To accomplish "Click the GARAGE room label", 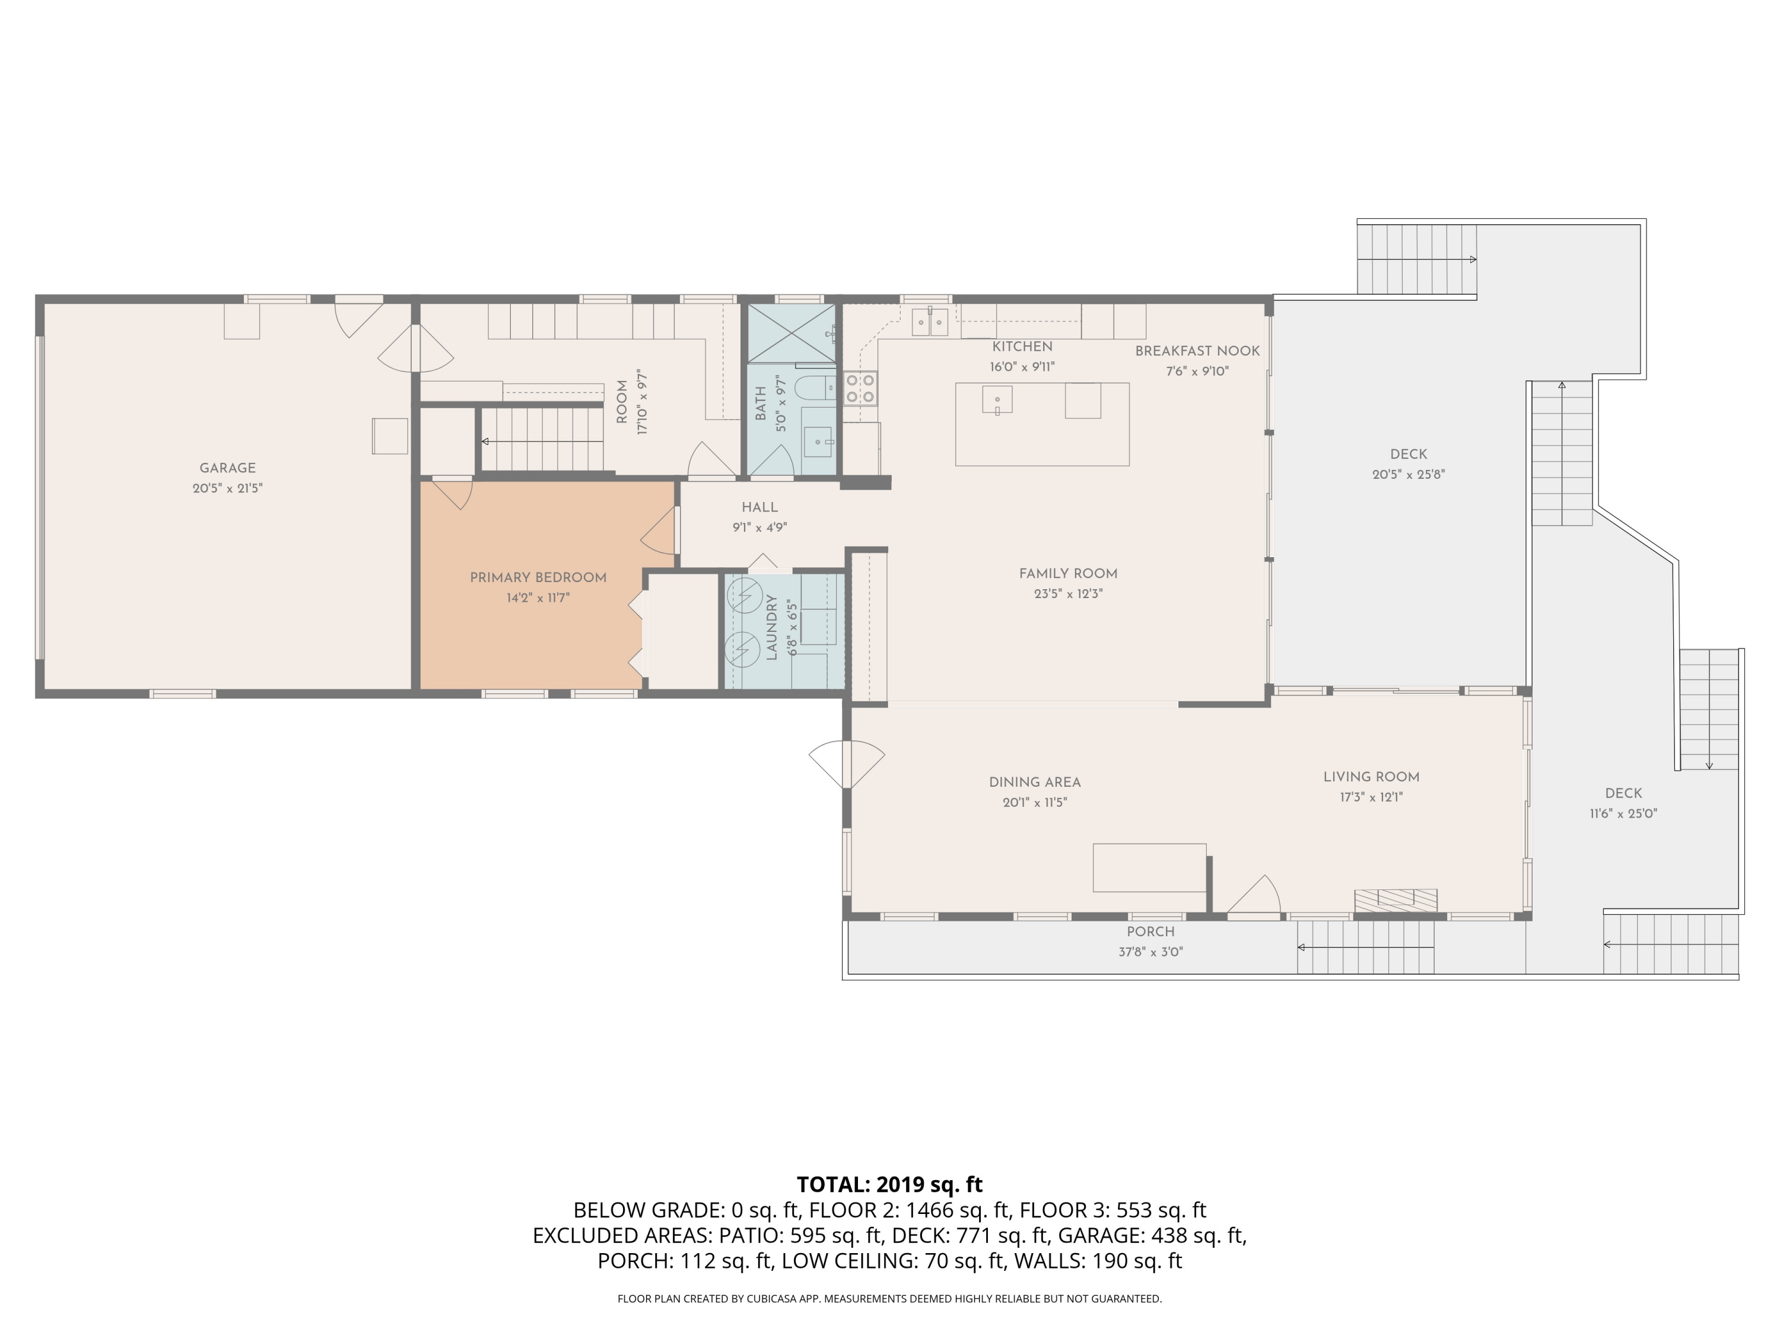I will click(228, 468).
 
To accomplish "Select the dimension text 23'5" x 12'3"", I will click(1068, 594).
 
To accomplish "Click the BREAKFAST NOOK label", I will click(1197, 351).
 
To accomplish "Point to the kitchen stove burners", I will click(860, 388).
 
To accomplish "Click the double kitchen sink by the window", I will click(929, 323).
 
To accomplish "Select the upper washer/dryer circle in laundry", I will click(743, 596).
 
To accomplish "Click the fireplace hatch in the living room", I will click(1396, 899).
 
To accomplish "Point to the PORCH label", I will click(1150, 931).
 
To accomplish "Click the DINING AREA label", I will click(1034, 781).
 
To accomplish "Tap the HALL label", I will click(759, 507).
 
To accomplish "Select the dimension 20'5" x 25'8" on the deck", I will click(1407, 475).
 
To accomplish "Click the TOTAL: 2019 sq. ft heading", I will click(889, 1184).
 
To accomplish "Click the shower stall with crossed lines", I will click(792, 333).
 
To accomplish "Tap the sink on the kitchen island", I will click(997, 400).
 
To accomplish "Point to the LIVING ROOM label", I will click(1371, 777).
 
